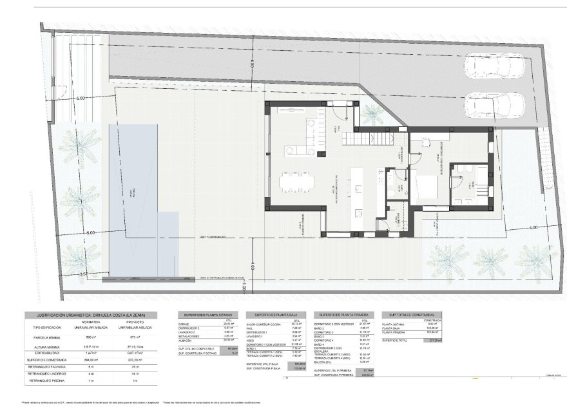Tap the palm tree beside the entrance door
372,115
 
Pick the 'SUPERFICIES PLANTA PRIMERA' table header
342,315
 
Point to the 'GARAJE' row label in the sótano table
184,324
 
